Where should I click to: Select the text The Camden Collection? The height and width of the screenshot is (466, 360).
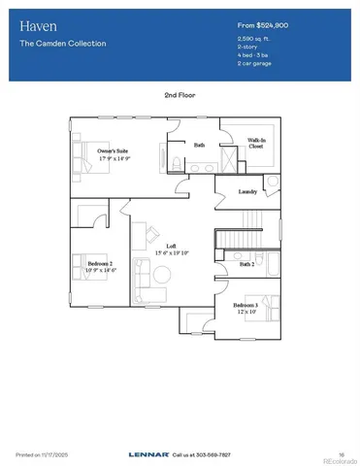[62, 44]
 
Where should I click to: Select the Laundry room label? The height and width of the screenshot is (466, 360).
[247, 192]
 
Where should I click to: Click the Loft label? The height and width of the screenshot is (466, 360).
[171, 246]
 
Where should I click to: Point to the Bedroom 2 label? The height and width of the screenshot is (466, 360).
[100, 264]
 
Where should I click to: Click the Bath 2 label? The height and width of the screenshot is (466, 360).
[247, 263]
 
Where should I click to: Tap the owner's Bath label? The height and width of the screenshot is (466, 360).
[199, 146]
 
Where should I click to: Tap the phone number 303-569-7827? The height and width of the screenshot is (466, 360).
[214, 453]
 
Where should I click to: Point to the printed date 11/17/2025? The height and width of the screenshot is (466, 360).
[51, 453]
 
